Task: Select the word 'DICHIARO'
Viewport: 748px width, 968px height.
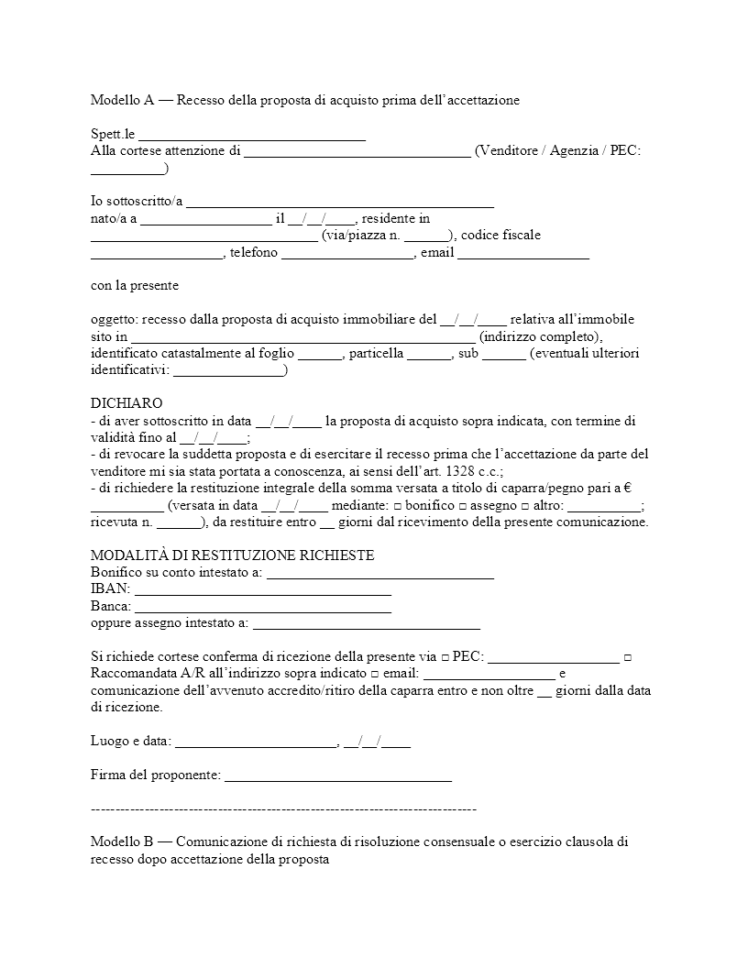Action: (x=126, y=404)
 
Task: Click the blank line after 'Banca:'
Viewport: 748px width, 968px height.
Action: (x=263, y=608)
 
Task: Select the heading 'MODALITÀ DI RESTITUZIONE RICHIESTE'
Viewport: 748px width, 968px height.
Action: (x=232, y=556)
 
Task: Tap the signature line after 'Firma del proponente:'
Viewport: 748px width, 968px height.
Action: (x=338, y=776)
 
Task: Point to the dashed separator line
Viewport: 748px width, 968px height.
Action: (x=284, y=809)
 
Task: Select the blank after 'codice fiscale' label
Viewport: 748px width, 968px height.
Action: (x=157, y=254)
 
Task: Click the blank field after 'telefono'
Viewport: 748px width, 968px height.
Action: (x=348, y=254)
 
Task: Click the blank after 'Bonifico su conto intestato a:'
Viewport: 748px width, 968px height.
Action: (x=379, y=574)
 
